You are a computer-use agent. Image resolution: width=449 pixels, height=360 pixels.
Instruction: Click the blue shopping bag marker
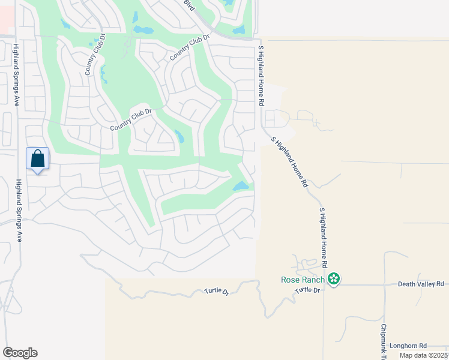[x=37, y=160]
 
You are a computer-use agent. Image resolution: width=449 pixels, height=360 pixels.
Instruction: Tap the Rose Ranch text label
[x=303, y=280]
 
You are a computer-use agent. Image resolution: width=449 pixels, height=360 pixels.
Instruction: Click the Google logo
[x=20, y=353]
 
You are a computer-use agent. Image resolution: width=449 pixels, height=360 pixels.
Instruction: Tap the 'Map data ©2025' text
[x=423, y=355]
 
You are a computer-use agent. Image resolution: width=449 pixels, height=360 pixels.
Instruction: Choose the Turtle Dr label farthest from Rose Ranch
[x=217, y=292]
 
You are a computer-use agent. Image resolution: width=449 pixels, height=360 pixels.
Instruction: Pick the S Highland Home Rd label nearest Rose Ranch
[x=323, y=238]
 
